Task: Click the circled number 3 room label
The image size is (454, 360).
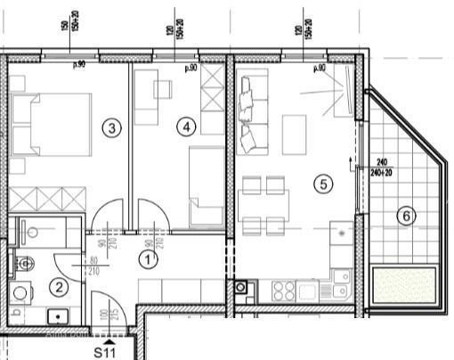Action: click(110, 127)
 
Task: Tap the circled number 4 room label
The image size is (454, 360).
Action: click(185, 127)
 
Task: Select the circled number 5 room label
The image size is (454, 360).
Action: click(323, 184)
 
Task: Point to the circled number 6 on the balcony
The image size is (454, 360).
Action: click(405, 215)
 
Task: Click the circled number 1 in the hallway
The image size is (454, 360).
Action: click(148, 259)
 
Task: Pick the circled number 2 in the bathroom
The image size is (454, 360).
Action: click(59, 287)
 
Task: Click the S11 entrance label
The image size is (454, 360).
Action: click(107, 352)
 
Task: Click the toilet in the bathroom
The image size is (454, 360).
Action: click(23, 262)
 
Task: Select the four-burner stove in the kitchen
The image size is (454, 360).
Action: click(283, 289)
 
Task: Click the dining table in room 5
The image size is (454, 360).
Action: click(263, 204)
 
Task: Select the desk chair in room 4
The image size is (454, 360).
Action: click(163, 89)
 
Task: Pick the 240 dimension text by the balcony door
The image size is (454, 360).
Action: click(383, 162)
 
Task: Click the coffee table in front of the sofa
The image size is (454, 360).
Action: click(294, 135)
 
